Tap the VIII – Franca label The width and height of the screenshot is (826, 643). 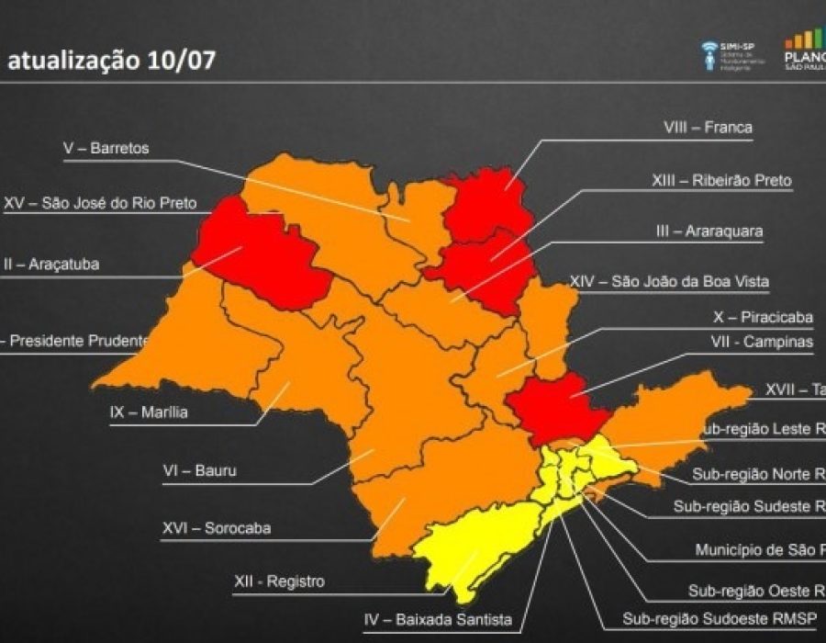click(x=708, y=128)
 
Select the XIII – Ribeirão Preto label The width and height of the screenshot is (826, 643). click(x=721, y=181)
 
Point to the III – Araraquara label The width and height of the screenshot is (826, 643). click(x=709, y=231)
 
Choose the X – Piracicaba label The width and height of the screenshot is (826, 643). click(x=763, y=318)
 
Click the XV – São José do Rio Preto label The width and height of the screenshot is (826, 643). click(x=100, y=203)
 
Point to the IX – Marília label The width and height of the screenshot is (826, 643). click(x=148, y=412)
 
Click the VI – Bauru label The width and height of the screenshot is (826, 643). click(x=198, y=471)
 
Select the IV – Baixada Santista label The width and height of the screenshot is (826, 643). click(x=438, y=619)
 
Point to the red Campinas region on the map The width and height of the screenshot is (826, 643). click(x=556, y=407)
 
